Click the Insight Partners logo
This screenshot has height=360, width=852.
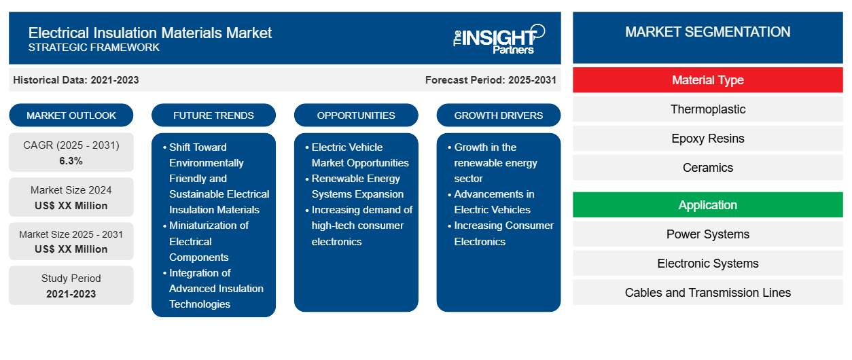pyautogui.click(x=499, y=39)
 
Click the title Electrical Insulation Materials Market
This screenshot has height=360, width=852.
pyautogui.click(x=150, y=33)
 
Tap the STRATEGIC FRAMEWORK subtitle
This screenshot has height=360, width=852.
pyautogui.click(x=94, y=48)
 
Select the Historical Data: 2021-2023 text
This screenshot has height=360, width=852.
pyautogui.click(x=76, y=80)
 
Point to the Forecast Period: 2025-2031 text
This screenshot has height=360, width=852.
pyautogui.click(x=491, y=80)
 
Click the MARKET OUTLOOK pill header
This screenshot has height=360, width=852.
pyautogui.click(x=71, y=115)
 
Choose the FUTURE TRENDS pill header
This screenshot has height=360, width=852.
pyautogui.click(x=213, y=115)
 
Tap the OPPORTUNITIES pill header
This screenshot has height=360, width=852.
pyautogui.click(x=356, y=115)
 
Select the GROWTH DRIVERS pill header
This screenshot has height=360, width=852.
pyautogui.click(x=499, y=115)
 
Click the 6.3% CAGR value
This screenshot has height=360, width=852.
pyautogui.click(x=71, y=161)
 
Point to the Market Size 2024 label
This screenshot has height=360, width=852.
pyautogui.click(x=71, y=190)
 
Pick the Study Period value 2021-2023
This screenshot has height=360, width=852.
pyautogui.click(x=71, y=294)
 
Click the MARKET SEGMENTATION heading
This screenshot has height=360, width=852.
pyautogui.click(x=707, y=32)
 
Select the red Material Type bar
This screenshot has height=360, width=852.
pyautogui.click(x=707, y=80)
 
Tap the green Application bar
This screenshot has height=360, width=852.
pyautogui.click(x=707, y=205)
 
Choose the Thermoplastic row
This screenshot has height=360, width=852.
pyautogui.click(x=707, y=109)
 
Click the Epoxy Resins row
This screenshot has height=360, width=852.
pyautogui.click(x=707, y=139)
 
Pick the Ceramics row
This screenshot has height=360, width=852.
pyautogui.click(x=707, y=168)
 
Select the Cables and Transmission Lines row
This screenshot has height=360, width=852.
pyautogui.click(x=707, y=293)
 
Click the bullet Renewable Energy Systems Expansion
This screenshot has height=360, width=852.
pyautogui.click(x=357, y=186)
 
